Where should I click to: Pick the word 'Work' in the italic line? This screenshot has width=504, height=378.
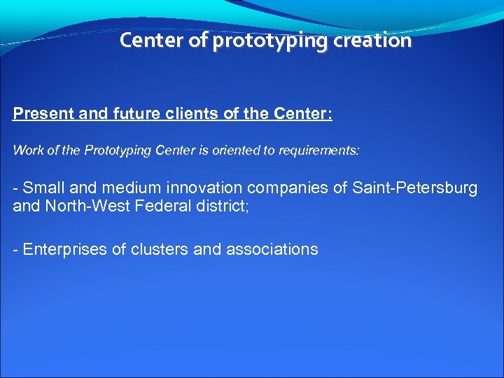[26, 150]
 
